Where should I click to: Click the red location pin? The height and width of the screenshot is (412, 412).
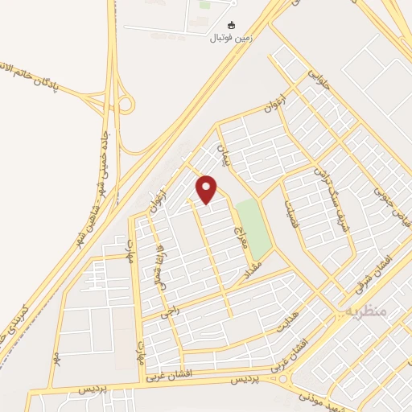(x=207, y=189)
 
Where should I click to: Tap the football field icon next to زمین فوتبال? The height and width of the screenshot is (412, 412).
(x=233, y=25)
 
